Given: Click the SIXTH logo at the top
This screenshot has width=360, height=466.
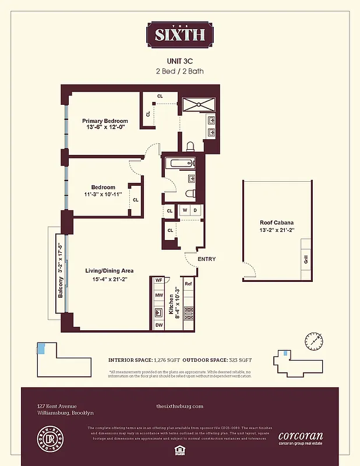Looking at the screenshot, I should tap(179, 34).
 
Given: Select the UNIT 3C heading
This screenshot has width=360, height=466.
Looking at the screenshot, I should tap(179, 60).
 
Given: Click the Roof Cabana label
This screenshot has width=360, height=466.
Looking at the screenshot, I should tap(276, 223).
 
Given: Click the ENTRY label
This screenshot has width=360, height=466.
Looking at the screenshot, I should tap(206, 259).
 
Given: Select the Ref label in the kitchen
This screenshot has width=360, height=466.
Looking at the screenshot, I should tap(188, 284).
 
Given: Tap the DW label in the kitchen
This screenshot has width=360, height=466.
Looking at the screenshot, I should tap(158, 325).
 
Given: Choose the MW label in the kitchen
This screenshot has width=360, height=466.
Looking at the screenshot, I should tap(158, 295).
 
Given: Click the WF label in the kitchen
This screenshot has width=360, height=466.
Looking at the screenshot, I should tap(158, 280).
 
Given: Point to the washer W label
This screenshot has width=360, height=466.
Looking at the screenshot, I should tap(185, 210).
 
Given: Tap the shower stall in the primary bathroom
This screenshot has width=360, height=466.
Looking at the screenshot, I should tap(199, 104).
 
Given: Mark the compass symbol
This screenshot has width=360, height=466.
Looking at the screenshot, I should tap(313, 340).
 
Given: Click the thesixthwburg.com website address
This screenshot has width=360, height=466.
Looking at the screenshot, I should tap(180, 406).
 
